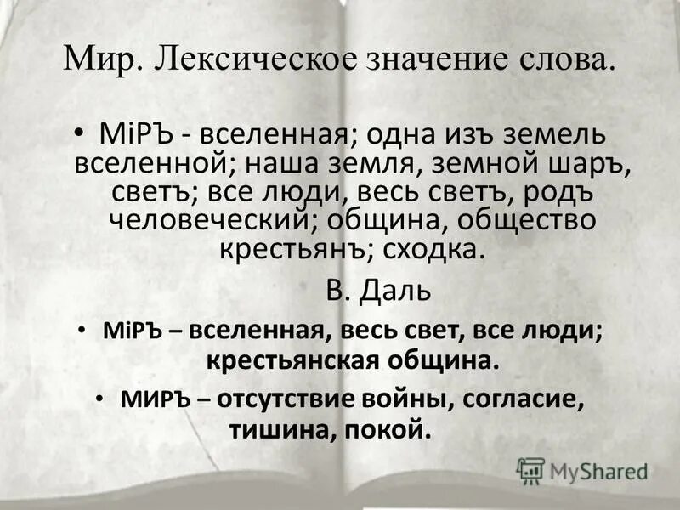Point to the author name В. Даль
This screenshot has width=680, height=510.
click(x=379, y=291)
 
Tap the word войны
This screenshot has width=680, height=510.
click(x=417, y=398)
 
